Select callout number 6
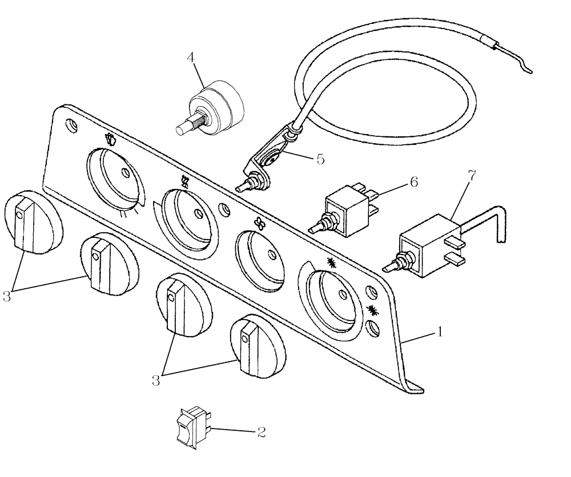(413, 183)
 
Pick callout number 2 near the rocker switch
(261, 432)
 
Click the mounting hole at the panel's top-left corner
(70, 124)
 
